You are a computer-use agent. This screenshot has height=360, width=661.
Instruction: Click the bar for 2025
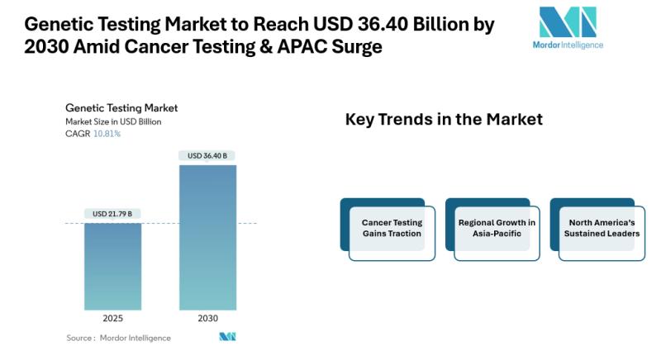click(113, 267)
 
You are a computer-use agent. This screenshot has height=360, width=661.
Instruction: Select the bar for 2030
click(208, 238)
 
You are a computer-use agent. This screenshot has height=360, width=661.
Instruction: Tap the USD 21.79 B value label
click(112, 214)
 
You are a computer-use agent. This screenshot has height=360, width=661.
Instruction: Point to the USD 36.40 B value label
click(207, 156)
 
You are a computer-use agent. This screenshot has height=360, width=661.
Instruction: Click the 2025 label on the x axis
click(113, 319)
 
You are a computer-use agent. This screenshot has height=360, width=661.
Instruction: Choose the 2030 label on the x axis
click(208, 319)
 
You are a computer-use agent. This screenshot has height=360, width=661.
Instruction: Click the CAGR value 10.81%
click(107, 134)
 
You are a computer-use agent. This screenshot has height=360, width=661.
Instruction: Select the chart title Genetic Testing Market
click(121, 108)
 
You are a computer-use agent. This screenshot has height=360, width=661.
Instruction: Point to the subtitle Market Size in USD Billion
click(113, 121)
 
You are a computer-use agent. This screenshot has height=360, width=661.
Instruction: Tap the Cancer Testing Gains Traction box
click(388, 230)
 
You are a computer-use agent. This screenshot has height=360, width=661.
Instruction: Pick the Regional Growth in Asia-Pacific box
click(492, 230)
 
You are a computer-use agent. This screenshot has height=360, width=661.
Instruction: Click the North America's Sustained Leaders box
click(597, 230)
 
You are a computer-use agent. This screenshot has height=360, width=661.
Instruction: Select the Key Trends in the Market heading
click(444, 120)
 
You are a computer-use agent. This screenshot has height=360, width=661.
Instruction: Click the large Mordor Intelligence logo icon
click(568, 22)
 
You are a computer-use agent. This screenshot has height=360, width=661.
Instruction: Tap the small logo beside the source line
click(228, 337)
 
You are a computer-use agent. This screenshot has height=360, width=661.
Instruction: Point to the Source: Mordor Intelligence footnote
click(118, 338)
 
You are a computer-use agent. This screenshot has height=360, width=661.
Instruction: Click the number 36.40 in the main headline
click(383, 25)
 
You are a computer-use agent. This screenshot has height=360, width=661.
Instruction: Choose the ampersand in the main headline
click(266, 47)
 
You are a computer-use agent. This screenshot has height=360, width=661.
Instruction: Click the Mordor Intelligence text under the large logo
click(568, 45)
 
